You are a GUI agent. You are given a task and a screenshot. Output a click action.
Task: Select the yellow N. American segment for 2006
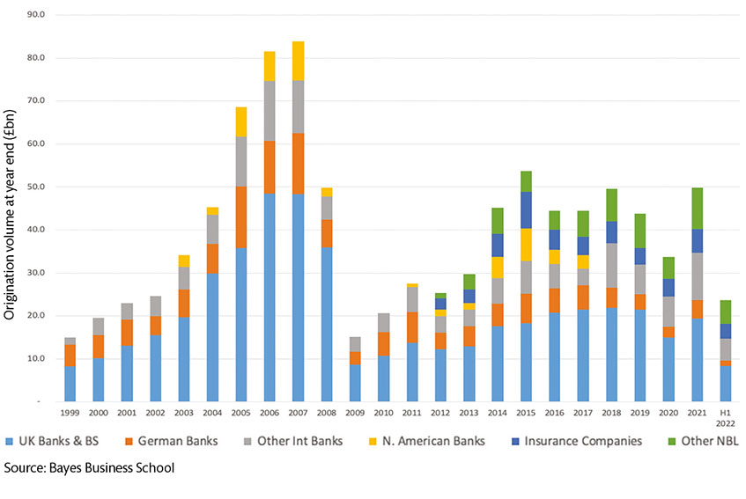(270, 66)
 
